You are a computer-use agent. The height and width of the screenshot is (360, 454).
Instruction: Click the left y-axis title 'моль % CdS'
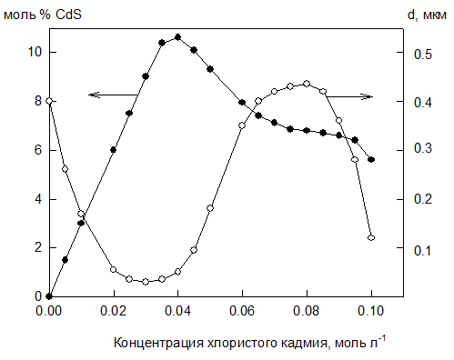[x=43, y=15]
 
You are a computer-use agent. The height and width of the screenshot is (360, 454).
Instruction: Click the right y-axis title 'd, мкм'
[x=427, y=15]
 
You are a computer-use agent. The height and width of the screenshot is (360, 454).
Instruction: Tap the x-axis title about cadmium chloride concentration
[x=250, y=342]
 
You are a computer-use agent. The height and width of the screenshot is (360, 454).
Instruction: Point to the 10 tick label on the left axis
[x=35, y=52]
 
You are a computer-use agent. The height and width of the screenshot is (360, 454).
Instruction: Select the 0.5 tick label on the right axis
[x=422, y=55]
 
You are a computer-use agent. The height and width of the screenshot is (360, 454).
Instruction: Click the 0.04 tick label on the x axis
[x=177, y=311]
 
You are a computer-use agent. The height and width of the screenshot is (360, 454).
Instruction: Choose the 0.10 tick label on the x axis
[x=371, y=311]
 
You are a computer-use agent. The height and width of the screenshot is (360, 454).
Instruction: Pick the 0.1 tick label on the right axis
[x=422, y=251]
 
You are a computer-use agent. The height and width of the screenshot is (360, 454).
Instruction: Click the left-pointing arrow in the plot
[x=114, y=95]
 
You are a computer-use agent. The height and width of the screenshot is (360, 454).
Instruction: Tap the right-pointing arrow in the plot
[x=350, y=97]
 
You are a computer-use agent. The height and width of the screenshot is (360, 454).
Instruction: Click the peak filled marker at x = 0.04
[x=177, y=37]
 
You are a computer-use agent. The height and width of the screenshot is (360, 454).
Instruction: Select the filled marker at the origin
[x=49, y=296]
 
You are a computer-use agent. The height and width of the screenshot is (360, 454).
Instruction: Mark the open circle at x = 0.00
[x=49, y=101]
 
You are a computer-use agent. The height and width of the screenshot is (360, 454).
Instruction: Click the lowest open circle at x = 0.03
[x=146, y=282]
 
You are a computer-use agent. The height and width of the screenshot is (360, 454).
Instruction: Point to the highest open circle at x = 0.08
[x=307, y=84]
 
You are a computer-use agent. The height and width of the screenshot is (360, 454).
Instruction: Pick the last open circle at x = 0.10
[x=371, y=237]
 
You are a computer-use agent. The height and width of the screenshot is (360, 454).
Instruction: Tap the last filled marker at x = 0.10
[x=371, y=160]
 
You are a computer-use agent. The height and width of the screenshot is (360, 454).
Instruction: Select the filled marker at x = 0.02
[x=114, y=150]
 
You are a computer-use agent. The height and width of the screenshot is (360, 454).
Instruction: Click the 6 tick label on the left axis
[x=38, y=150]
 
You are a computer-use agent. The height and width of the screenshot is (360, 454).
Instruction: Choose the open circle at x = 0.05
[x=210, y=208]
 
